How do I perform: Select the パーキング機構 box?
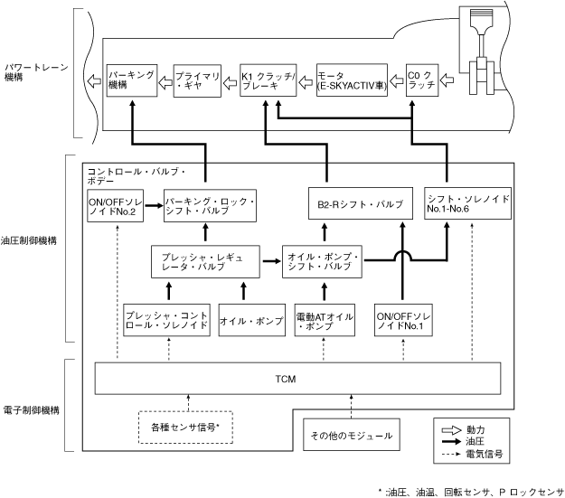(x=130, y=82)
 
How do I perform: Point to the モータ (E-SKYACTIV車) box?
(x=348, y=82)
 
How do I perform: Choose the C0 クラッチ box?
(x=422, y=82)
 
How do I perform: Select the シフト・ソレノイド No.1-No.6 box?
(x=466, y=203)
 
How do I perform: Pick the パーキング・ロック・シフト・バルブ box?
(x=210, y=206)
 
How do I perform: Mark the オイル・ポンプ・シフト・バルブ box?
(x=325, y=260)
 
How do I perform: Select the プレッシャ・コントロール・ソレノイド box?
(x=165, y=320)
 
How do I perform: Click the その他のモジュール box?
(x=352, y=435)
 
